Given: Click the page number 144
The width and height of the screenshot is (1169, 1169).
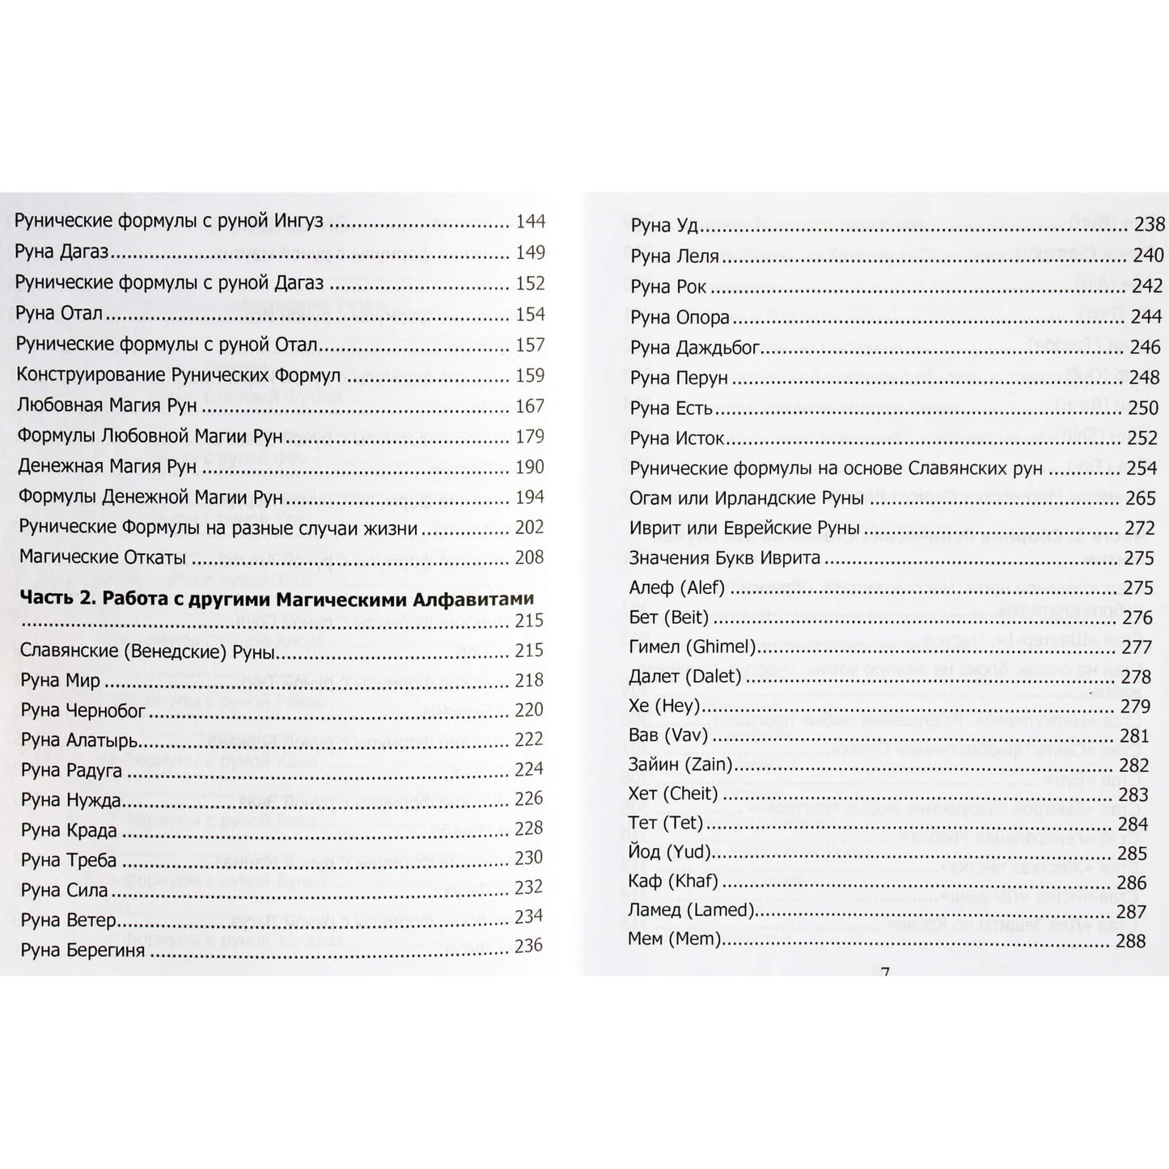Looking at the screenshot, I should tap(530, 222).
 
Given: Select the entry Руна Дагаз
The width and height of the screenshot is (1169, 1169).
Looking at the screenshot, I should tap(62, 252).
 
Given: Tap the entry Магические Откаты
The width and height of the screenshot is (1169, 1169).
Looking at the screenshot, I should tap(102, 557).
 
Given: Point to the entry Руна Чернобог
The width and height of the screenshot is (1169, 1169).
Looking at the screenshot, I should tap(83, 710).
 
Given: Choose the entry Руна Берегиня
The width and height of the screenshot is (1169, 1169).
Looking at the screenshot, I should tap(83, 950).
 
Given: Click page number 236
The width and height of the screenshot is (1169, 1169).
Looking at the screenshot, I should tap(528, 946).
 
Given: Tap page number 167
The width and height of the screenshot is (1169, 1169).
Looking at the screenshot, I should tap(530, 405).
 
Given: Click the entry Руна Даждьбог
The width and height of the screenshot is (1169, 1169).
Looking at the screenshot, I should tap(695, 348).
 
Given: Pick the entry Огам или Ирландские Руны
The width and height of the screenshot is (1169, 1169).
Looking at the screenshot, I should tap(747, 498).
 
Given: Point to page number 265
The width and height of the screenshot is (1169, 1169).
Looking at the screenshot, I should tap(1140, 498).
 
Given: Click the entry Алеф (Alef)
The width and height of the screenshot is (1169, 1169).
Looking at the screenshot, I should tap(676, 588).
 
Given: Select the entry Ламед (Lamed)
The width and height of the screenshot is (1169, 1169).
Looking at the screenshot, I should tap(691, 911).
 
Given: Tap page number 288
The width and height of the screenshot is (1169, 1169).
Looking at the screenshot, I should tap(1131, 941).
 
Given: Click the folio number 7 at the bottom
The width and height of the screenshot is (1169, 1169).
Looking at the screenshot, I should tap(884, 972).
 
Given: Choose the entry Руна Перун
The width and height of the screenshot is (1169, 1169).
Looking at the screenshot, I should tap(679, 379).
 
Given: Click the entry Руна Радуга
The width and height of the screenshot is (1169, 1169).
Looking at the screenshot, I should tap(71, 770).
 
